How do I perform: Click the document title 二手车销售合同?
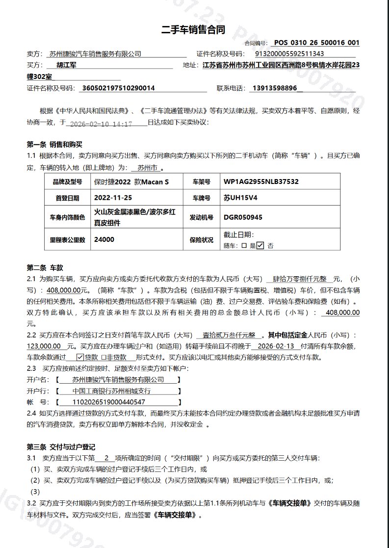[193, 30]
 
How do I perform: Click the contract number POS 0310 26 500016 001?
[316, 43]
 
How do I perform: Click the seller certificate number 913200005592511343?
[290, 54]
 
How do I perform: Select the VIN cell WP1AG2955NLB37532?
[261, 182]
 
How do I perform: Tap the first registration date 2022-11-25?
[113, 198]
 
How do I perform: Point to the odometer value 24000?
[104, 240]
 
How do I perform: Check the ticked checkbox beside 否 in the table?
[260, 245]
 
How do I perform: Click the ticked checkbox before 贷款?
[80, 357]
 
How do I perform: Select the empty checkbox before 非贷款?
[104, 357]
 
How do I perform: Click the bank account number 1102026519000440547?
[108, 402]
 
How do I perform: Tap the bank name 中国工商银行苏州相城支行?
[111, 391]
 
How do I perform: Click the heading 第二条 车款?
[45, 268]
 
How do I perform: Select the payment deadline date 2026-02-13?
[276, 346]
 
